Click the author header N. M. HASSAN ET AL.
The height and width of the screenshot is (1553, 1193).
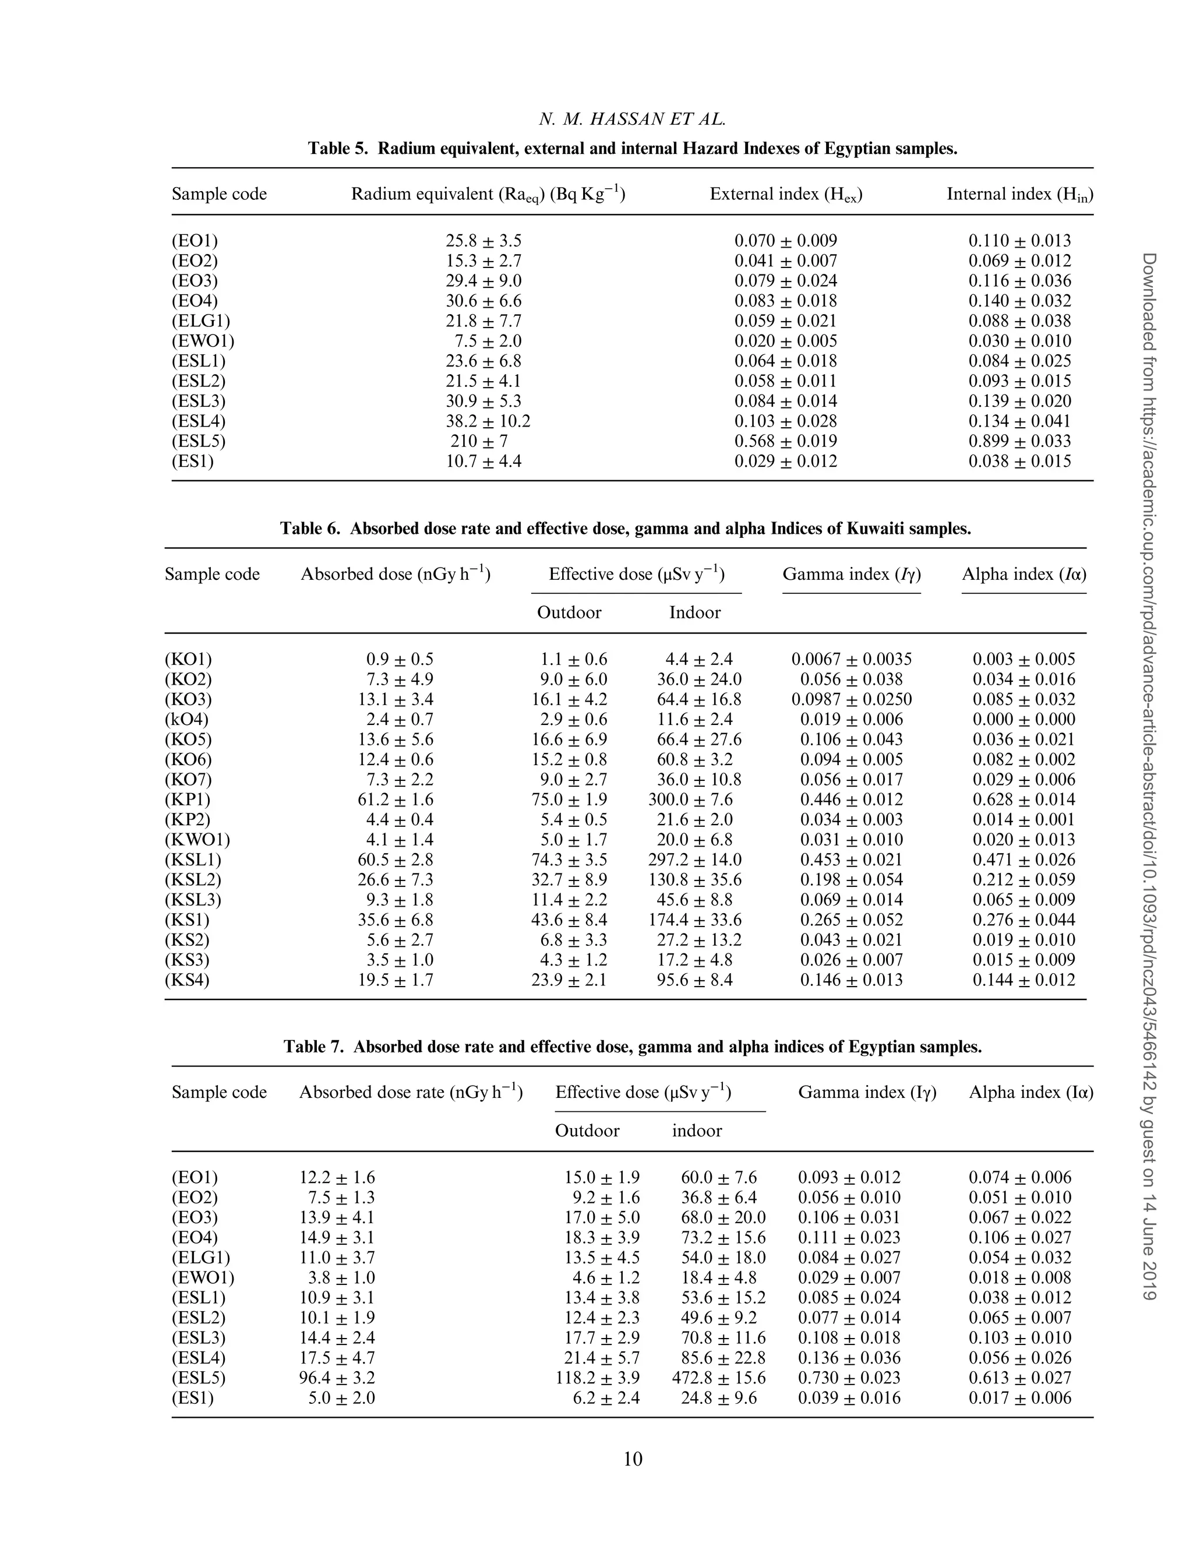[632, 119]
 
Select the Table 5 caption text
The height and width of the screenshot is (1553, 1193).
[632, 149]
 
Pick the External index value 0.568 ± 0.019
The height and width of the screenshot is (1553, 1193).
[785, 441]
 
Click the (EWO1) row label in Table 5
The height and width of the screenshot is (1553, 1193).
[203, 341]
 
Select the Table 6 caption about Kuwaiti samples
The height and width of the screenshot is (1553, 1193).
[625, 529]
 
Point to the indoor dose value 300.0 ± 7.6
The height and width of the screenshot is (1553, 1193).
[690, 800]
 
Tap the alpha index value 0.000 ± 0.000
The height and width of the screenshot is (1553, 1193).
[1023, 719]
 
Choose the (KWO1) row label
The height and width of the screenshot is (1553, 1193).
[197, 839]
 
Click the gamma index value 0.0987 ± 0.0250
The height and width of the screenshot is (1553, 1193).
[852, 699]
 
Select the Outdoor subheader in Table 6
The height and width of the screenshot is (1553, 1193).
[569, 612]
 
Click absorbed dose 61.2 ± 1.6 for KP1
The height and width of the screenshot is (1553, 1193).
[396, 800]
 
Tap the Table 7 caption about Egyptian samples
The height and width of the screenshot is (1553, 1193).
[632, 1047]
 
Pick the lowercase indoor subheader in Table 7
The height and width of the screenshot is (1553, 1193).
[697, 1131]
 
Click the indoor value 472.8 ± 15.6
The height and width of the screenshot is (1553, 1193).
[719, 1378]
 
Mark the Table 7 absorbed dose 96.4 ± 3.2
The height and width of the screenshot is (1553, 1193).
[337, 1378]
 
